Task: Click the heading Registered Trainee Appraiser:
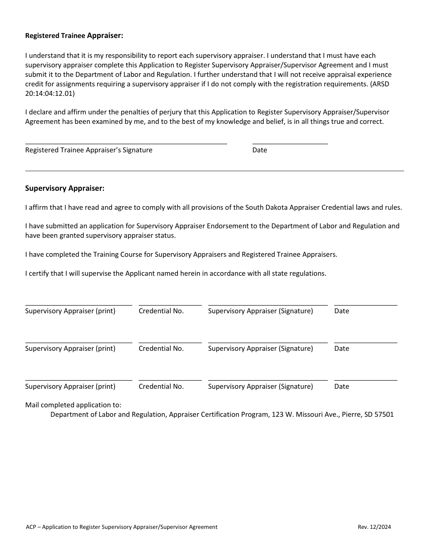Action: point(74,36)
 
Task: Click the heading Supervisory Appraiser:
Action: point(65,188)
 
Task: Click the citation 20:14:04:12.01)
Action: point(50,94)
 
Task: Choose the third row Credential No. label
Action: point(161,386)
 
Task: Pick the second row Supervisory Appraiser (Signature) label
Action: point(260,349)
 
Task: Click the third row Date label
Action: point(341,386)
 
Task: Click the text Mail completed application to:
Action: point(73,405)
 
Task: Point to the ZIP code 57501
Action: point(383,414)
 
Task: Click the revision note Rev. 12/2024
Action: point(374,527)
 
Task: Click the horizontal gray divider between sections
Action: point(214,171)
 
